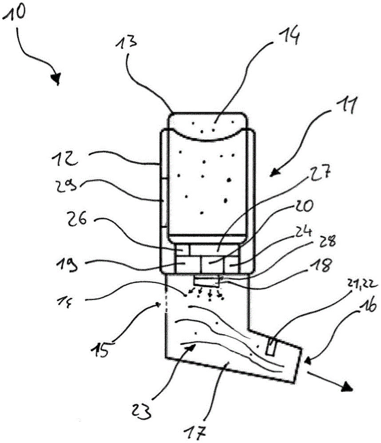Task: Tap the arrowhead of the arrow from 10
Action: tap(55, 78)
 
